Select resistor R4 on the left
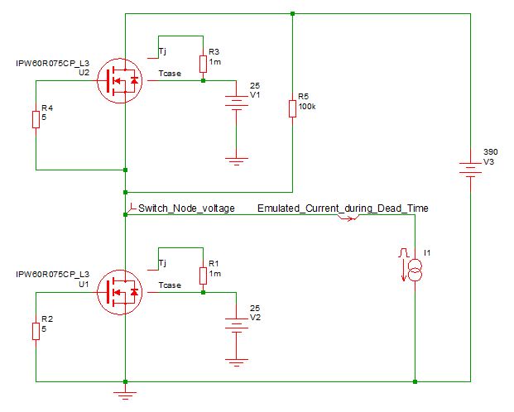coord(36,120)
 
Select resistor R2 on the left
coord(36,331)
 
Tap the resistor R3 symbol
coord(203,65)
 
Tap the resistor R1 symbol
coord(203,275)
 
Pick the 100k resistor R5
coord(293,108)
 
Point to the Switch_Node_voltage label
coord(186,208)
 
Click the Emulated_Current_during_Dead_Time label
coord(343,208)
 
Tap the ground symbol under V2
coord(238,362)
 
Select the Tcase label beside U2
coord(170,75)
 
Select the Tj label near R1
coord(162,263)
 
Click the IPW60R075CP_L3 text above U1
coord(52,273)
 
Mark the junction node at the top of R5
coord(293,13)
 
